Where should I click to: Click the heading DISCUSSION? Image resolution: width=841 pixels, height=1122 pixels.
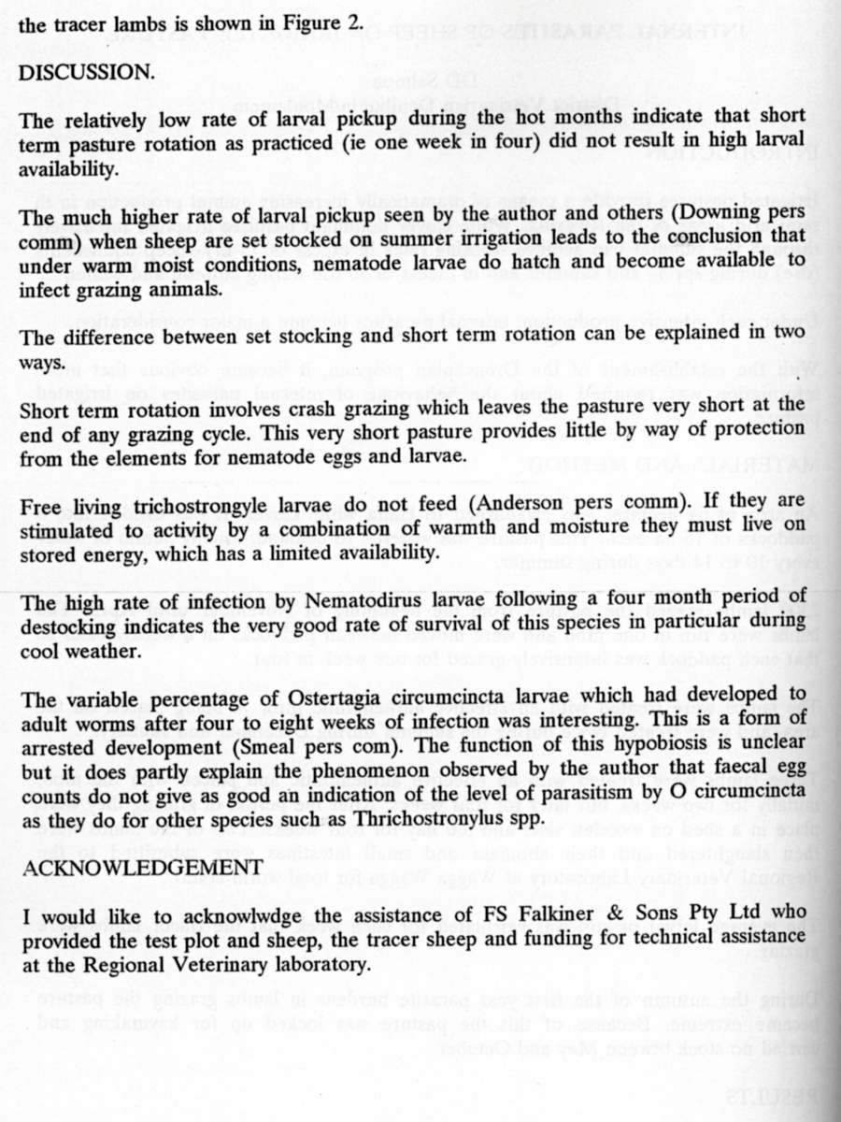coord(87,73)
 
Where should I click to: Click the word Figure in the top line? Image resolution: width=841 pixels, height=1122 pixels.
coord(307,25)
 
